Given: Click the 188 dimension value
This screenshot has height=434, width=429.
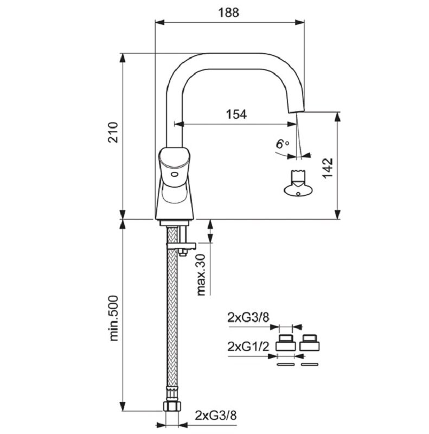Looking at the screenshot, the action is click(x=229, y=12).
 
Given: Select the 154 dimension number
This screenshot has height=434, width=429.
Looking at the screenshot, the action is click(x=236, y=114).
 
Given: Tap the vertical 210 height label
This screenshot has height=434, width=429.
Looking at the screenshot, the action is click(x=113, y=132).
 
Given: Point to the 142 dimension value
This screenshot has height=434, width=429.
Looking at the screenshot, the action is click(x=328, y=168).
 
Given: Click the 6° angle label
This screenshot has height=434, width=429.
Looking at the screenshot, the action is click(x=282, y=144).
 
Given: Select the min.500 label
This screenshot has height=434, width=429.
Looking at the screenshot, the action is click(x=113, y=318).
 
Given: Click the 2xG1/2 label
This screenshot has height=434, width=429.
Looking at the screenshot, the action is click(x=248, y=347).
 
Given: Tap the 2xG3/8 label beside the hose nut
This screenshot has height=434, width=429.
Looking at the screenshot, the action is click(x=216, y=416).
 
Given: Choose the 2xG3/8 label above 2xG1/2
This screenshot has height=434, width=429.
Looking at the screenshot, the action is click(x=248, y=317).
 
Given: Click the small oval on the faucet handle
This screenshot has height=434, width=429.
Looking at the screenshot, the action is click(x=175, y=175).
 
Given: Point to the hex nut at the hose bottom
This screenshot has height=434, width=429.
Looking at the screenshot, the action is click(x=172, y=406).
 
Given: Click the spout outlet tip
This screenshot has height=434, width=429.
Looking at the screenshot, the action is click(x=297, y=110).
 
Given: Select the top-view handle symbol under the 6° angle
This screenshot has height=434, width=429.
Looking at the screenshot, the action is click(x=298, y=183).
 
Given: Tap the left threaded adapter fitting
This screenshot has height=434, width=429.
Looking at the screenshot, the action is click(x=285, y=343).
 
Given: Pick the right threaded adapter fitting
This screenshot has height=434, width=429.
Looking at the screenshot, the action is click(x=310, y=343).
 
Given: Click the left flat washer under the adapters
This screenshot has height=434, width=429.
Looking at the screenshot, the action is click(x=285, y=364).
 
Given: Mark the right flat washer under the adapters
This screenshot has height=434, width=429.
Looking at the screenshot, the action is click(x=310, y=364).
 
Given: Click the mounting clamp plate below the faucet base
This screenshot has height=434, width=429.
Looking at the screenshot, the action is click(x=181, y=246).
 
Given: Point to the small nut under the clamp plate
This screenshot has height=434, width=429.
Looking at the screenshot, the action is click(x=182, y=252).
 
